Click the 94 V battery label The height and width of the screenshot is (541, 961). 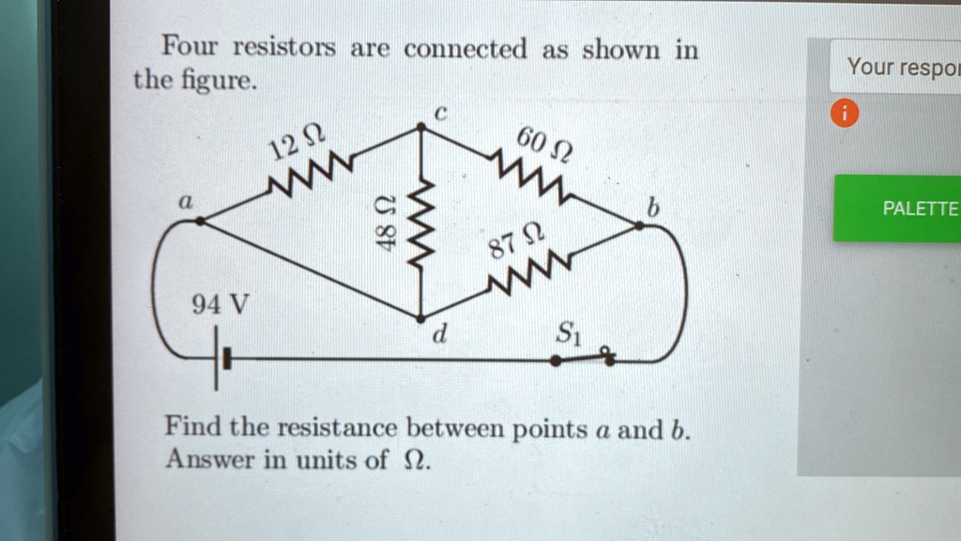[x=221, y=304]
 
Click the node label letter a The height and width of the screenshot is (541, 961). [x=186, y=201]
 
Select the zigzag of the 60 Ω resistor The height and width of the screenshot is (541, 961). [x=531, y=178]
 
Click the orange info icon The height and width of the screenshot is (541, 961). [x=844, y=115]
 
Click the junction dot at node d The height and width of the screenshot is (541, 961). [x=420, y=317]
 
